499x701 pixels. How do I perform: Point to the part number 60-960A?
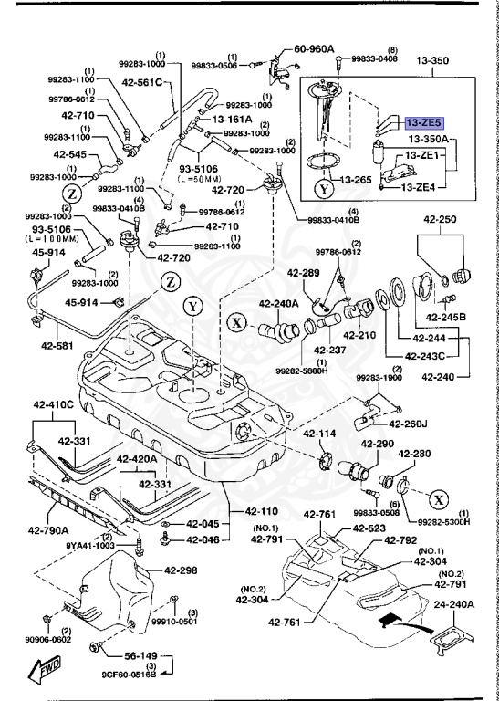click(x=315, y=51)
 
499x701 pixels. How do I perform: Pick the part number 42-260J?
click(x=409, y=423)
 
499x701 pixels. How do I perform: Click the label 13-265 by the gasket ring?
click(x=357, y=180)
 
